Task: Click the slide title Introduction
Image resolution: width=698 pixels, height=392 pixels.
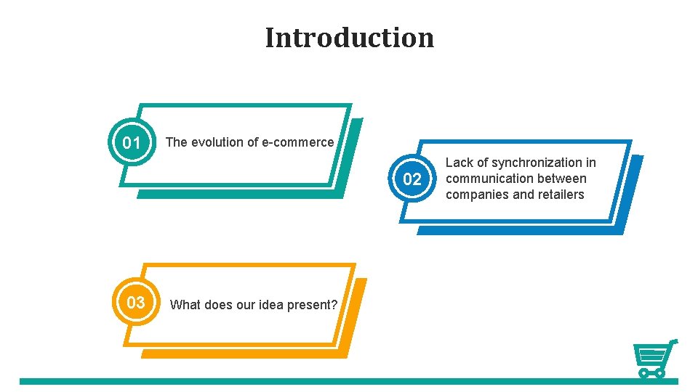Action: [x=349, y=37]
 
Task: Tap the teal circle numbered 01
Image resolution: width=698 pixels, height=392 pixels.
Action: [x=132, y=143]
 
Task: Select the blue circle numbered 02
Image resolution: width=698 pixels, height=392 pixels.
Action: [x=412, y=179]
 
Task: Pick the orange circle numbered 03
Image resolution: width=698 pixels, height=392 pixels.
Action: [x=136, y=303]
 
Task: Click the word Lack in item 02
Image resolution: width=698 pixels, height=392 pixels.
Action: [x=459, y=163]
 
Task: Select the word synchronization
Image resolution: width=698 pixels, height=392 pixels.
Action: [x=537, y=163]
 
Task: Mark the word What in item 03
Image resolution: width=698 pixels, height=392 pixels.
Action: [x=185, y=305]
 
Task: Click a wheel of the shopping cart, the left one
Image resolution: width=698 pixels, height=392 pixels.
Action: [x=643, y=373]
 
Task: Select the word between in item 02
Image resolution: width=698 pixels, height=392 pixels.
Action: [x=562, y=179]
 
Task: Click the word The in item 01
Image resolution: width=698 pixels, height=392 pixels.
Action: [x=177, y=142]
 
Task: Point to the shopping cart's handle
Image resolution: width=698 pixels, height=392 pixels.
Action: [x=673, y=341]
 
